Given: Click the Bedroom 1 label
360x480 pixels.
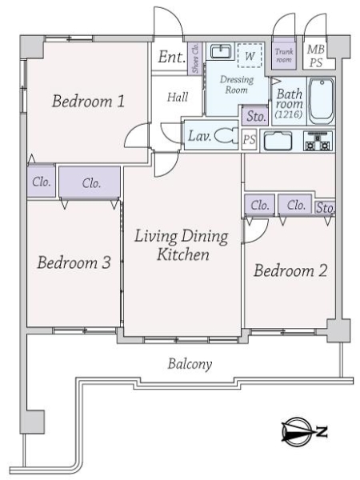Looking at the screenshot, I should pos(88,102).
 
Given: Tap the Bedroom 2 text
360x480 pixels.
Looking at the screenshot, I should pos(290,270).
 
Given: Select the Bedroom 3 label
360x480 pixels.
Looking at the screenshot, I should pos(74,263).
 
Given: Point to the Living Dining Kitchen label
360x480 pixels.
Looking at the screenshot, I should pos(182,246).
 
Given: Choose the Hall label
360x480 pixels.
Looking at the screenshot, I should pos(178,96).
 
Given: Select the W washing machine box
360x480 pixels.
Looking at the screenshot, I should pos(250,55).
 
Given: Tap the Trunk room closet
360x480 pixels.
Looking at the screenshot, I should pos(283,54).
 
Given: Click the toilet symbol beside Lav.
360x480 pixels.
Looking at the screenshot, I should pos(224,136).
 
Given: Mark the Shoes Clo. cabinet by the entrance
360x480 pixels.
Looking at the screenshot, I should pos(197,58).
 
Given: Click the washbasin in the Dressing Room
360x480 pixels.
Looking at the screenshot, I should pos(219,52).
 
